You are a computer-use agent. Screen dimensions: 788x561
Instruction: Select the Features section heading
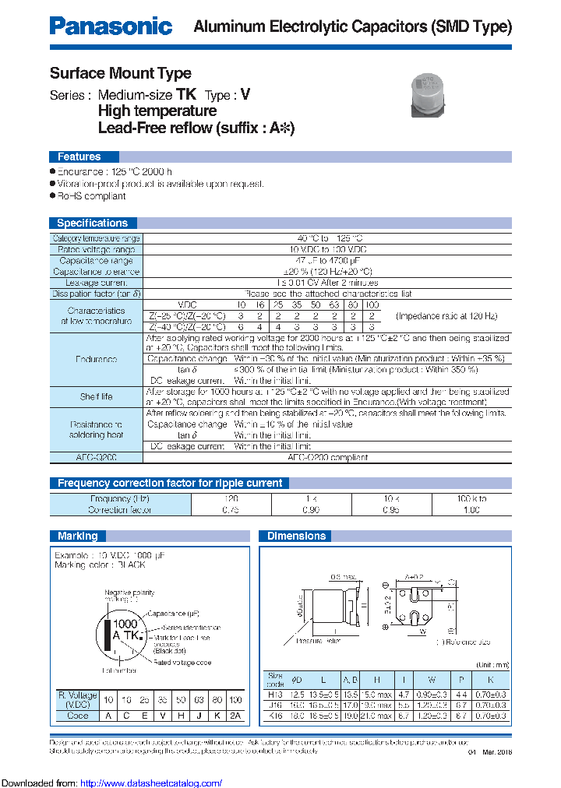point(79,157)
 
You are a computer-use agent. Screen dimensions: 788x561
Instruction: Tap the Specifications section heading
point(92,223)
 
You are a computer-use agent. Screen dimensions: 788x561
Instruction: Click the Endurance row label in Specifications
point(97,359)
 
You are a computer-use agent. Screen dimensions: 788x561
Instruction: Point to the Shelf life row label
point(97,396)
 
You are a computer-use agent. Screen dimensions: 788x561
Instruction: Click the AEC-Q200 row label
point(97,458)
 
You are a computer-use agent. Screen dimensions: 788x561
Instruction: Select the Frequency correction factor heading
point(170,483)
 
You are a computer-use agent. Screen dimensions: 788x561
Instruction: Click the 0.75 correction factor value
point(231,510)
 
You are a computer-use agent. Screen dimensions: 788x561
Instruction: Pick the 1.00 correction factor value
point(472,510)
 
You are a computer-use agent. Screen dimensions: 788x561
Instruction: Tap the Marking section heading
point(78,536)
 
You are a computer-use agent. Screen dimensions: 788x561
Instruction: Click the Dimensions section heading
point(296,536)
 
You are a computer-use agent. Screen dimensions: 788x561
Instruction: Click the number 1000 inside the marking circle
point(125,624)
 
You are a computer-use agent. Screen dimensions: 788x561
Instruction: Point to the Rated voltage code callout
point(181,663)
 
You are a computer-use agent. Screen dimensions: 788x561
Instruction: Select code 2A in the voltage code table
point(236,716)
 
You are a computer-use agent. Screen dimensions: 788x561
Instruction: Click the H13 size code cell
point(276,694)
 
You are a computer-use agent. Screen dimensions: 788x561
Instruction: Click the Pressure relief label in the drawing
point(319,641)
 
